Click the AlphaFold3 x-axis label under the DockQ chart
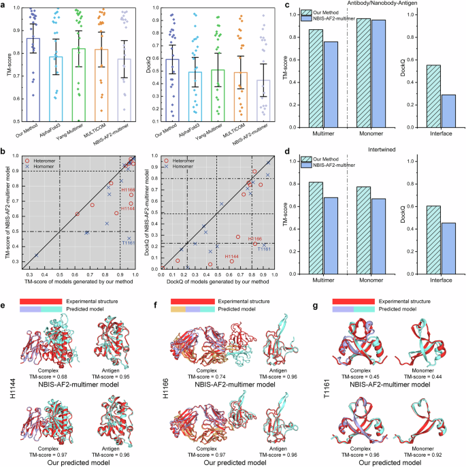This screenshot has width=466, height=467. coord(197,133)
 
